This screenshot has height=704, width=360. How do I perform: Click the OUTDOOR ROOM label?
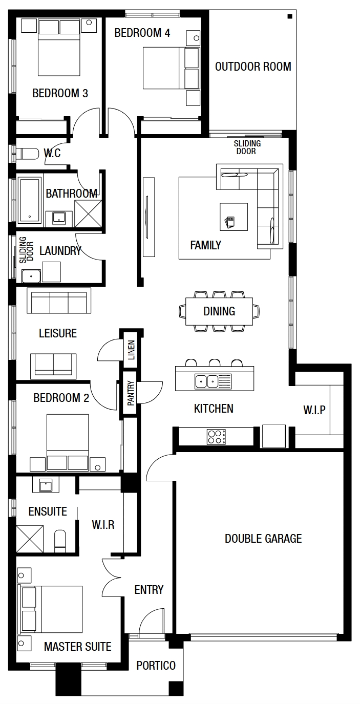pos(253,67)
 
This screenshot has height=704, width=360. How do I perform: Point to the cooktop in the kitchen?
pos(216,437)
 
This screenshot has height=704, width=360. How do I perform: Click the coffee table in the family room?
pos(234,217)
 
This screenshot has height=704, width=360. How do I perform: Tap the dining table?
pos(219,311)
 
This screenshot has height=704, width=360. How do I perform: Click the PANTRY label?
pos(131,393)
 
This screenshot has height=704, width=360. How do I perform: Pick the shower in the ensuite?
pos(30,539)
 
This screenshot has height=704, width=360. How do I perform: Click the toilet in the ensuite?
pos(60,541)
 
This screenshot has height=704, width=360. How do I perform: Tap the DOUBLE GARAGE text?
pos(263,539)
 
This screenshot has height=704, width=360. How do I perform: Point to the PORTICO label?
pos(156,665)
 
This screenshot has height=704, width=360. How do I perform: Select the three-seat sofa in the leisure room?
pos(59,301)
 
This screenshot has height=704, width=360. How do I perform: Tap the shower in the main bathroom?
pos(88,214)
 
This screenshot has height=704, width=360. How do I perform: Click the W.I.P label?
pos(314,410)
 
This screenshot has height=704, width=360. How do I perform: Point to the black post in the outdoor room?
pos(290,16)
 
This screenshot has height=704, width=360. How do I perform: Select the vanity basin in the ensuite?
pos(46,485)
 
